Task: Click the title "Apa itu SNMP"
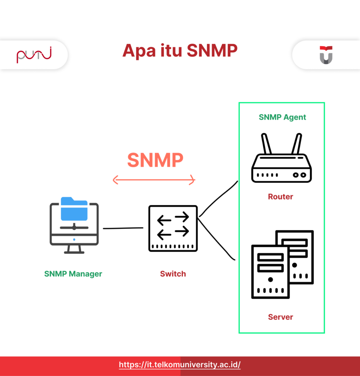(x=180, y=51)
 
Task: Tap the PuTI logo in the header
(x=34, y=55)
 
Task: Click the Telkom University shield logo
(x=326, y=55)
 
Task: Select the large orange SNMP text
(x=155, y=160)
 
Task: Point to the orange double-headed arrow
(x=154, y=180)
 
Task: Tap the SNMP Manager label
(x=73, y=274)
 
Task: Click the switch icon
(x=173, y=228)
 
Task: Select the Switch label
(x=173, y=274)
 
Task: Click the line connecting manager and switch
(x=123, y=228)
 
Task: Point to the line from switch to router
(x=219, y=198)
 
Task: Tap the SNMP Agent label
(x=282, y=117)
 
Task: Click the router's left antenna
(x=266, y=144)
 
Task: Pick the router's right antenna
(x=297, y=144)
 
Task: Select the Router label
(x=280, y=197)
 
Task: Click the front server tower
(x=270, y=272)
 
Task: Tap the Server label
(x=280, y=317)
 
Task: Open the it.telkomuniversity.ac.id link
(x=180, y=365)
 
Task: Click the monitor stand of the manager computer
(x=74, y=249)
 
